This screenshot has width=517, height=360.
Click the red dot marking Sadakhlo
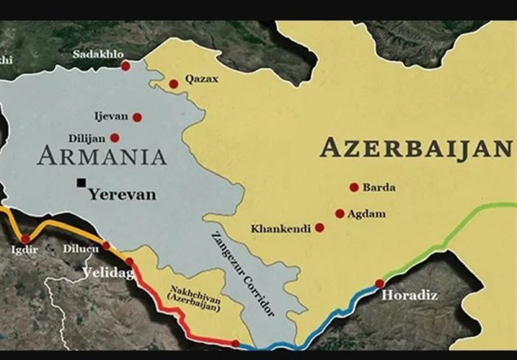point(126,65)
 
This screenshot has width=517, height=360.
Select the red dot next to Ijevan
point(137,117)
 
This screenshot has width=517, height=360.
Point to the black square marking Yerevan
point(81,183)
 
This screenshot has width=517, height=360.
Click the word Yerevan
point(122,195)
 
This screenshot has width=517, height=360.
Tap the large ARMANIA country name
point(102,157)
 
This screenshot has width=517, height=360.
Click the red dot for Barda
point(353,187)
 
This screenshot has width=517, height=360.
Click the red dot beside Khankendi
point(320,228)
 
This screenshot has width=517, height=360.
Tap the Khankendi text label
point(281,229)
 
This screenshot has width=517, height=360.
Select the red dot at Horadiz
point(380,283)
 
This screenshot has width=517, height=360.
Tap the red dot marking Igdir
point(25,239)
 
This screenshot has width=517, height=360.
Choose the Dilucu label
point(81,249)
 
